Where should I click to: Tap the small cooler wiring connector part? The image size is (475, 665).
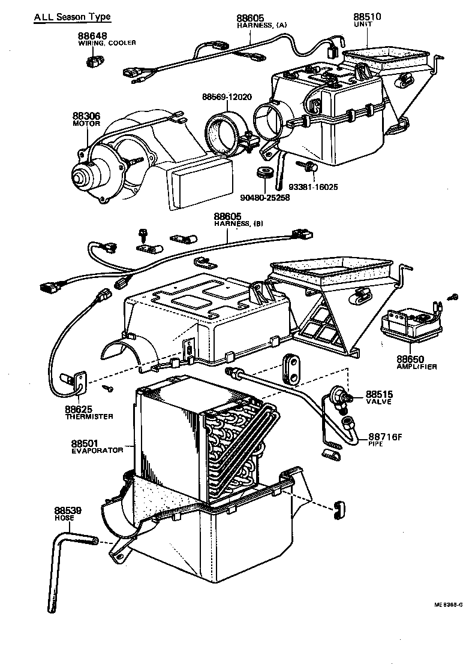(x=94, y=60)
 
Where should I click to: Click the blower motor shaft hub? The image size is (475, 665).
(x=79, y=177)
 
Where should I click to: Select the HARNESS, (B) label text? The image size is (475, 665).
(x=239, y=223)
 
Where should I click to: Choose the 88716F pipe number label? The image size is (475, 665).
(x=385, y=436)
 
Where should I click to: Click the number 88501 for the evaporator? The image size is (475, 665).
(x=85, y=443)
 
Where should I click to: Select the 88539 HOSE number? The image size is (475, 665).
(x=68, y=510)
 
